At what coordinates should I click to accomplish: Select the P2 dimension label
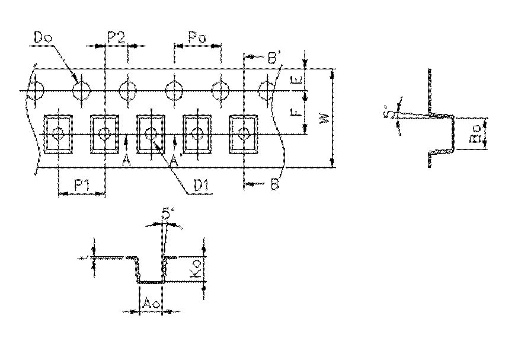pyautogui.click(x=116, y=37)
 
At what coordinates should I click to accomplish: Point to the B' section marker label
pyautogui.click(x=273, y=58)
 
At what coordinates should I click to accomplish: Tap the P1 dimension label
pyautogui.click(x=82, y=186)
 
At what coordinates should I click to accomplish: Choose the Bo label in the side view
pyautogui.click(x=475, y=138)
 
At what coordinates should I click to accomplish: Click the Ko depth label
pyautogui.click(x=196, y=271)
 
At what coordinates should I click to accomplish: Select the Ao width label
pyautogui.click(x=150, y=303)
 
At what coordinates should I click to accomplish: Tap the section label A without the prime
pyautogui.click(x=126, y=160)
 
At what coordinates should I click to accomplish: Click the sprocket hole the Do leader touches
pyautogui.click(x=81, y=91)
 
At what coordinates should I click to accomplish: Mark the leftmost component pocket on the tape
pyautogui.click(x=58, y=133)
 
